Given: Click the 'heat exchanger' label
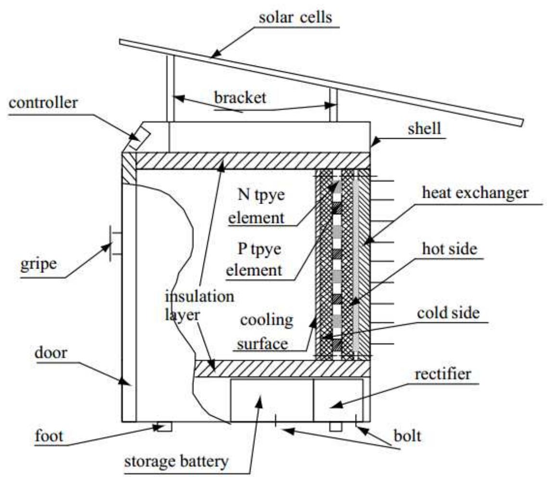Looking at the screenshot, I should point(475,193).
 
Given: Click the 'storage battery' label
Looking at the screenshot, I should point(176,462).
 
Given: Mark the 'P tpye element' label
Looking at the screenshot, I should point(254,260).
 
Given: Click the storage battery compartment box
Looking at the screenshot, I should point(272,400).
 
